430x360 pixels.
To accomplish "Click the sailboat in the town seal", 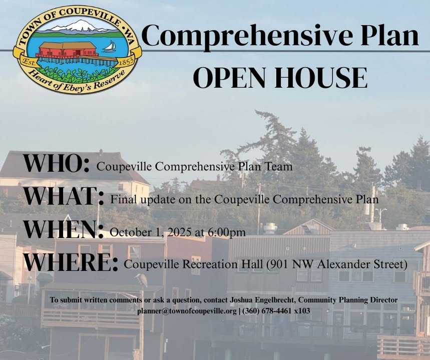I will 109,46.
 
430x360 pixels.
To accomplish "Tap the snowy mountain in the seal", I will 78,26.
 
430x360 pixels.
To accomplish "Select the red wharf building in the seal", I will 68,49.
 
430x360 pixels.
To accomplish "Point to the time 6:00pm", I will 230,232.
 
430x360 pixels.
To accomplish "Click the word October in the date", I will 128,232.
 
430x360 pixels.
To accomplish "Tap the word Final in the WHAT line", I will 122,199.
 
